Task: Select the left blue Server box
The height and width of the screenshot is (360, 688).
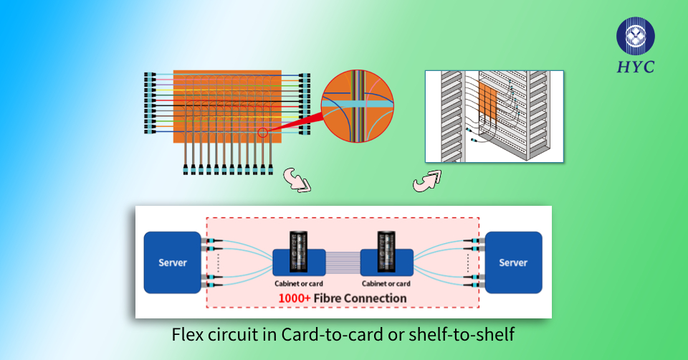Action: click(x=172, y=262)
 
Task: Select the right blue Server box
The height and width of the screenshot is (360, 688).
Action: click(x=513, y=262)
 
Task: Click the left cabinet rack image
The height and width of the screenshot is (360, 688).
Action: click(x=300, y=250)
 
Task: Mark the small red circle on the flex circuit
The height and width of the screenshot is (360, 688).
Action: click(x=263, y=132)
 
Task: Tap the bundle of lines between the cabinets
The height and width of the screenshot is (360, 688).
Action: click(x=343, y=261)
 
